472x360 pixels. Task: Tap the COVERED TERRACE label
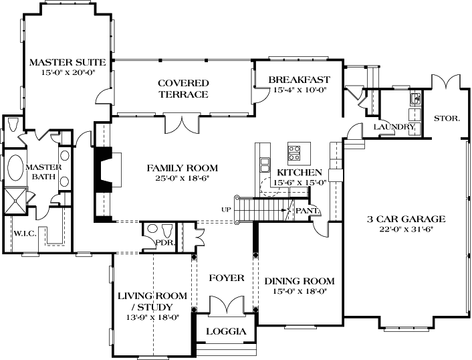pyautogui.click(x=183, y=83)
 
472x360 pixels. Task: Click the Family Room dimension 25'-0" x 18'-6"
pyautogui.click(x=183, y=179)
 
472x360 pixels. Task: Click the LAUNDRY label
pyautogui.click(x=394, y=127)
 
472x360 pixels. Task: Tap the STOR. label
pyautogui.click(x=447, y=118)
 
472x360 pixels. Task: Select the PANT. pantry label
pyautogui.click(x=308, y=211)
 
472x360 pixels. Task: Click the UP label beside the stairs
pyautogui.click(x=225, y=209)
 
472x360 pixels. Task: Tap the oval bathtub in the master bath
pyautogui.click(x=14, y=168)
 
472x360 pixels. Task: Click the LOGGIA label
pyautogui.click(x=225, y=331)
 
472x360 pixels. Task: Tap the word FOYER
pyautogui.click(x=226, y=278)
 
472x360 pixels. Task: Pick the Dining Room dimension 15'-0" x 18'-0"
pyautogui.click(x=299, y=292)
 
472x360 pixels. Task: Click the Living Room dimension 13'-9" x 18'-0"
pyautogui.click(x=152, y=317)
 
